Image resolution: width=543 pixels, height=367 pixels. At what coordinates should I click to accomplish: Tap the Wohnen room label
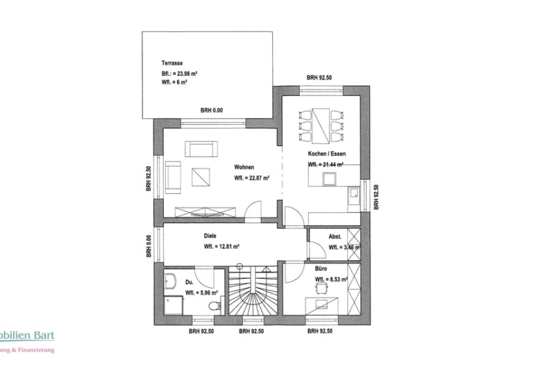pos(244,167)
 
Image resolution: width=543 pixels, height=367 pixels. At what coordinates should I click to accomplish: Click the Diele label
pos(210,235)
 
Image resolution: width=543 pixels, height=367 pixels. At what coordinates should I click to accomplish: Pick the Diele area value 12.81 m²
pos(221,247)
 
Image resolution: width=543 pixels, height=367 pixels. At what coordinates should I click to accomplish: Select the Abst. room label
pos(334,236)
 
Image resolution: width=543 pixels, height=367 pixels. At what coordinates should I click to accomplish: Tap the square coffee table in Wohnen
pos(200,177)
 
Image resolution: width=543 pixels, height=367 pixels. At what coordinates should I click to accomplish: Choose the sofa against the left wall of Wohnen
pos(172,177)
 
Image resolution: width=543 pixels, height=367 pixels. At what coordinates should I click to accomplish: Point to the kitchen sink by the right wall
pos(354,196)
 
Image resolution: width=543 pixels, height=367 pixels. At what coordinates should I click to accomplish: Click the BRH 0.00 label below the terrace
pos(212,110)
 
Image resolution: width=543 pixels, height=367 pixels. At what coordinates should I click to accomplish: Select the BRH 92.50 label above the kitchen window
pos(319,78)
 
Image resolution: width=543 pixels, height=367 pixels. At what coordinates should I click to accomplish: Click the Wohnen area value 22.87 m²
pos(252,179)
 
